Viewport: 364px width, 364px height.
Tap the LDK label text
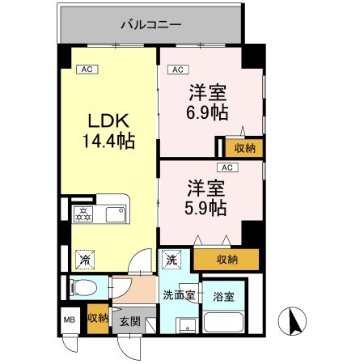[108, 121]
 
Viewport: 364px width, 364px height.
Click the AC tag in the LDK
[85, 70]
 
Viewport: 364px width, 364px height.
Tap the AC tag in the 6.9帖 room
[178, 70]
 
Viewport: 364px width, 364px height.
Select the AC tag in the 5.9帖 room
[227, 167]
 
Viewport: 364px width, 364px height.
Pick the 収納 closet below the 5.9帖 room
[227, 260]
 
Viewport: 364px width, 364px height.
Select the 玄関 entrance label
[129, 320]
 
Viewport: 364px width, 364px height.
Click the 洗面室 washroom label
[179, 295]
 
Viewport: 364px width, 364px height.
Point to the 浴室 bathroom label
[224, 296]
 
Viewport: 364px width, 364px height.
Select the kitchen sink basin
[114, 214]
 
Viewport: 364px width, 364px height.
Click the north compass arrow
[292, 322]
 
